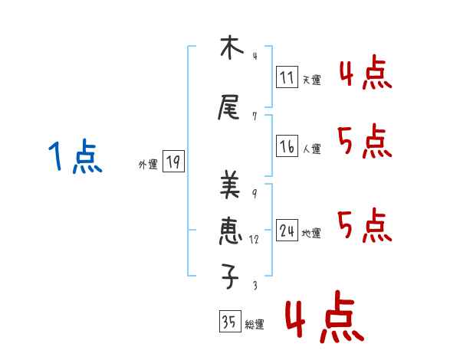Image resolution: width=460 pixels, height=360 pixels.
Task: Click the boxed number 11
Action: coord(287,77)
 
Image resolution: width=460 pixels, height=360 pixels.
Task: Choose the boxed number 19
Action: coord(173,162)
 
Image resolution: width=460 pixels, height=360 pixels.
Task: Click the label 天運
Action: coord(312,80)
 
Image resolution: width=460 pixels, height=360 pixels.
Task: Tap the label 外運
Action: coord(147,164)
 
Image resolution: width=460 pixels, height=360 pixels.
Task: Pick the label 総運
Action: coord(255,325)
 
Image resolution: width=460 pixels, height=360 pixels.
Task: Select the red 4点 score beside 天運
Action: coord(365,74)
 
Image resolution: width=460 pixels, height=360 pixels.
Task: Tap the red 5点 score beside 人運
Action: coord(365,142)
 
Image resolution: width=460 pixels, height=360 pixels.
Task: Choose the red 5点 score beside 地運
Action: coord(365,226)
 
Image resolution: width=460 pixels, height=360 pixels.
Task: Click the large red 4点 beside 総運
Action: coord(324,319)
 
